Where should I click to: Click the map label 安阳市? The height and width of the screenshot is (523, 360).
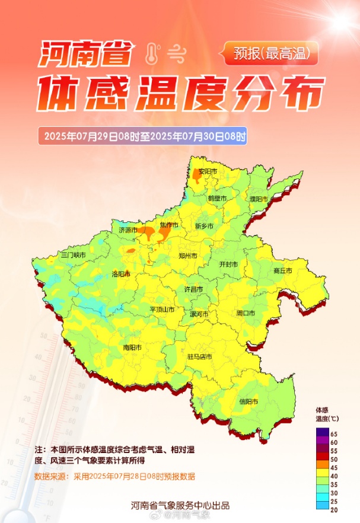pos(208,172)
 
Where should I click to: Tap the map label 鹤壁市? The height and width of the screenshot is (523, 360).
pos(217,198)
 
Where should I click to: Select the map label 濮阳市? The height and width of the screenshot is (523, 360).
pos(259,199)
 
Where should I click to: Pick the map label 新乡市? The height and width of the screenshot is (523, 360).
pos(204,226)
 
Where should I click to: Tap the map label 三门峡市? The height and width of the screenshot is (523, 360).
pos(74,254)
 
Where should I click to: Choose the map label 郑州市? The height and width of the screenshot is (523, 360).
pos(187,256)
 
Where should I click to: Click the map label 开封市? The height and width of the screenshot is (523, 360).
pos(228,264)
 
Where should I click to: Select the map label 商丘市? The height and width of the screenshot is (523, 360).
pos(283,270)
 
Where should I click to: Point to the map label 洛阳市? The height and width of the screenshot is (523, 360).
pos(120,274)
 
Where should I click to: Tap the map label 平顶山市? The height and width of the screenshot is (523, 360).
pos(161,310)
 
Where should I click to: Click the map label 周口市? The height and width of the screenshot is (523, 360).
pos(245,312)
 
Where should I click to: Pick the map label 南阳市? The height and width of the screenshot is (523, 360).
pos(133,347)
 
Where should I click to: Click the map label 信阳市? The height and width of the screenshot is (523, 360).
pos(248,401)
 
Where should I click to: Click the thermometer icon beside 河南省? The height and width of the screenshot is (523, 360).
pos(152,54)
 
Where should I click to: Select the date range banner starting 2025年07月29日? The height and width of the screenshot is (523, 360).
pos(142,136)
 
